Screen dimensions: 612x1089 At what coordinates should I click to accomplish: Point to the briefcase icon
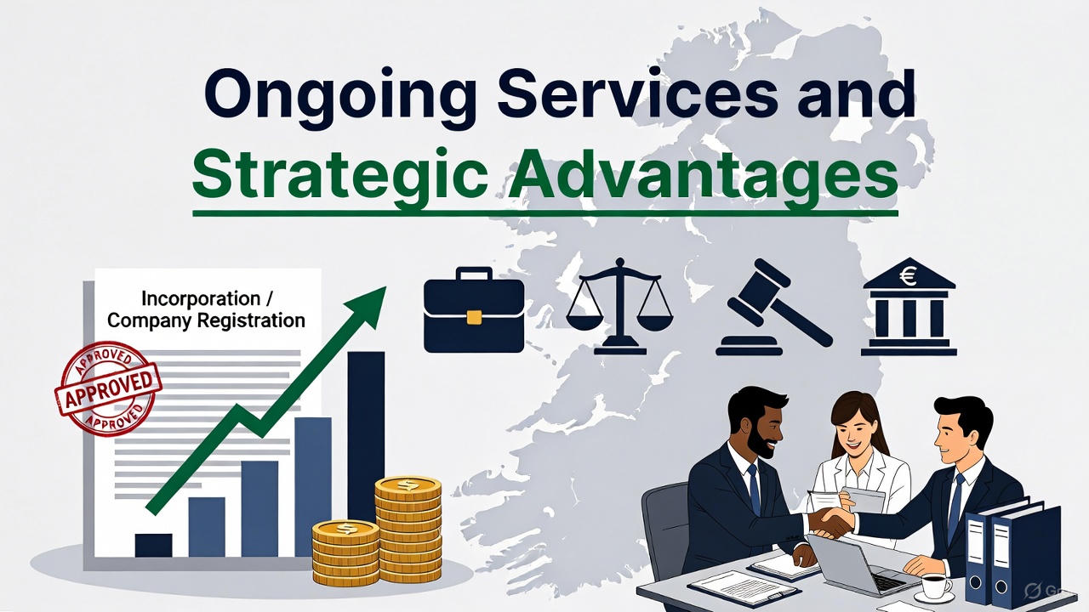[x=474, y=310]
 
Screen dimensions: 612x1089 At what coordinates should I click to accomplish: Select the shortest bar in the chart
[x=153, y=544]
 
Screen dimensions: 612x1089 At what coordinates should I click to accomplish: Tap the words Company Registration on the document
[x=206, y=321]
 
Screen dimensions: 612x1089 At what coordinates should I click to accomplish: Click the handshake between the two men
[x=830, y=519]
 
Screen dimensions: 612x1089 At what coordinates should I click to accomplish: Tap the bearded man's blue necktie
[x=754, y=489]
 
